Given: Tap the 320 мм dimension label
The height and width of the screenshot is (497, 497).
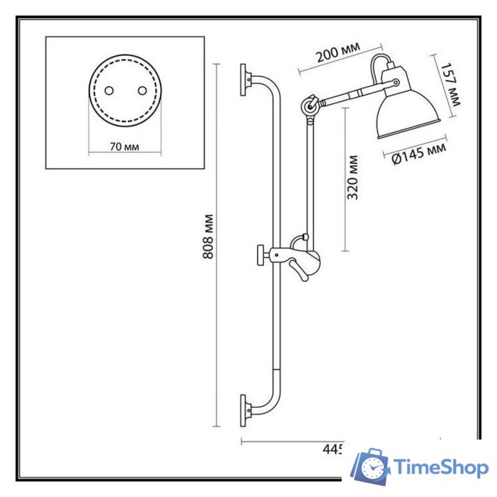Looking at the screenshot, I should (353, 178).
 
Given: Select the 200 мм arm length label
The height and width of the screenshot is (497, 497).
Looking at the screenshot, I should (338, 54).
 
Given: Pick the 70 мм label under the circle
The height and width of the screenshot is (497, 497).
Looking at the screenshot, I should (125, 144).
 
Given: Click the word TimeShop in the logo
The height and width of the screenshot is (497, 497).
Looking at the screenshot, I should (441, 467).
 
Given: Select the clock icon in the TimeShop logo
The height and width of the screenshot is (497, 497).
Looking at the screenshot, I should (373, 467).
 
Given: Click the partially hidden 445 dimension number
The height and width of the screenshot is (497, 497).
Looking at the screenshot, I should (333, 450).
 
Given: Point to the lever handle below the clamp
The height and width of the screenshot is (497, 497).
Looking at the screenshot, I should (298, 269).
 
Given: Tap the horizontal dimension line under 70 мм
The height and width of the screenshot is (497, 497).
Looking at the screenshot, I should (125, 153).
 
